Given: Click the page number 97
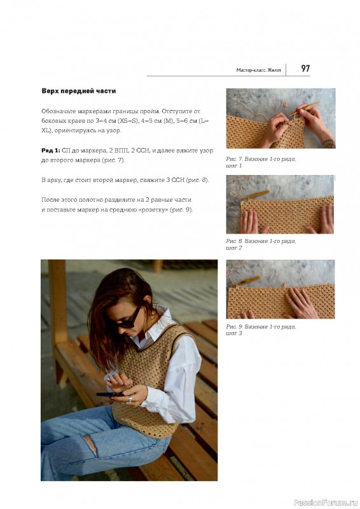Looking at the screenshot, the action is point(305,69).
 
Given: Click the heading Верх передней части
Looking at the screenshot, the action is point(79,91).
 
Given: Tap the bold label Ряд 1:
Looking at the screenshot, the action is point(51,150).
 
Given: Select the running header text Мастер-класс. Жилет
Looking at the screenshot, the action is point(259,70).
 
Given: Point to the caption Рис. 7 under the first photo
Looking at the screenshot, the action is point(261,162).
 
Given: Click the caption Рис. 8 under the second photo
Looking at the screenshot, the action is point(261,244).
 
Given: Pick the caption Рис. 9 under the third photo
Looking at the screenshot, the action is point(261,330).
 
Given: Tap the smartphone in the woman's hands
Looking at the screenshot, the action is point(111,394).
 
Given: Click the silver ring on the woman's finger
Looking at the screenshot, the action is point(130,400).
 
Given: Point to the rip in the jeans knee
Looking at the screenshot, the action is point(90,444).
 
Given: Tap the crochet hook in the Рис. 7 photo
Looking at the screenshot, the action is point(304,109).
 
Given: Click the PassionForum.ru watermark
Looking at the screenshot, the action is point(326,503).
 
